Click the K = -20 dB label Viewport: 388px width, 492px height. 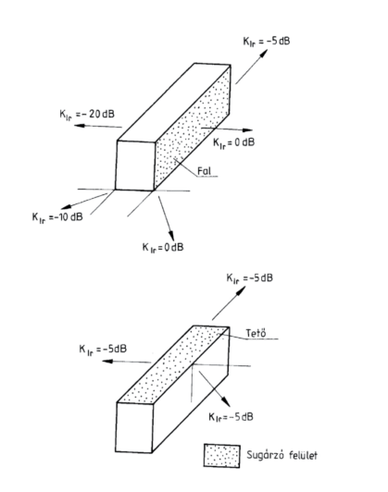[x=87, y=115]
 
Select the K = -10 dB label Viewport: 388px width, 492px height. [x=57, y=217]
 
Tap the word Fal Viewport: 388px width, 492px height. [x=205, y=171]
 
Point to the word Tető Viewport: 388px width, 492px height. [x=256, y=333]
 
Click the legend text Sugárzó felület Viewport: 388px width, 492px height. [x=282, y=455]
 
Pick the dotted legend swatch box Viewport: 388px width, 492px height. [x=222, y=456]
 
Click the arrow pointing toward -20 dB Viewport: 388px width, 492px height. [x=98, y=126]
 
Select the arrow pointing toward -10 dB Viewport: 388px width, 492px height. [x=84, y=201]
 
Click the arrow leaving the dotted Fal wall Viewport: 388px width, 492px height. [x=227, y=129]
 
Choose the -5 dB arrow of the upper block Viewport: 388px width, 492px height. [x=252, y=67]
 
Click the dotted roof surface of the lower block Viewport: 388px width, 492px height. [x=173, y=365]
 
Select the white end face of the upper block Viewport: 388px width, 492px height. [x=135, y=166]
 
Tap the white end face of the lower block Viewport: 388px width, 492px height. [x=134, y=427]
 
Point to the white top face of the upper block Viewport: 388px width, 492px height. [x=174, y=103]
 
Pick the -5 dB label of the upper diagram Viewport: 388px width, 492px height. [x=267, y=42]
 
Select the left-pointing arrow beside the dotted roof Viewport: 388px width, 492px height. [x=126, y=362]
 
